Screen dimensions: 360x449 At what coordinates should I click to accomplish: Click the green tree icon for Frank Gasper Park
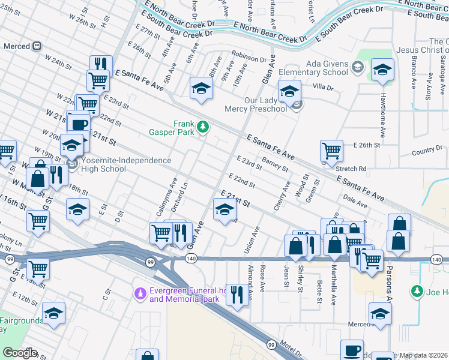click(x=203, y=127)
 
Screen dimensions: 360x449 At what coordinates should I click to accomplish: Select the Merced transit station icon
click(x=37, y=46)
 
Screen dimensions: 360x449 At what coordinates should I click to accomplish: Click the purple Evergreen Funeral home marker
click(x=139, y=293)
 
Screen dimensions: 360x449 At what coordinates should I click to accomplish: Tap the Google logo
click(x=20, y=353)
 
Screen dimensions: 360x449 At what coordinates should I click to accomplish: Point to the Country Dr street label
click(x=427, y=150)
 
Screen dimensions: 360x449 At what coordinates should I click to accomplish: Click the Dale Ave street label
click(x=355, y=205)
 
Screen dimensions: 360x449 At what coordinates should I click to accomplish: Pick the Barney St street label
click(x=275, y=166)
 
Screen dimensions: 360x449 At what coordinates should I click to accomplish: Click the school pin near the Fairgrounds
click(x=53, y=314)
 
